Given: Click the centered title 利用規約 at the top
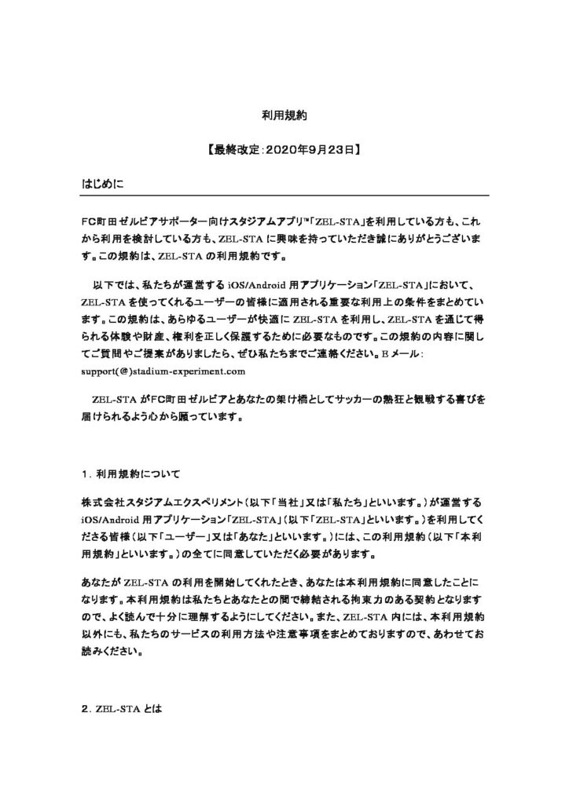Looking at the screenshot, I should [x=284, y=115].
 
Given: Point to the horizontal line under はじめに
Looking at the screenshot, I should [x=284, y=195].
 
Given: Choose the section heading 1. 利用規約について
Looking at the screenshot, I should [x=130, y=473].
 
